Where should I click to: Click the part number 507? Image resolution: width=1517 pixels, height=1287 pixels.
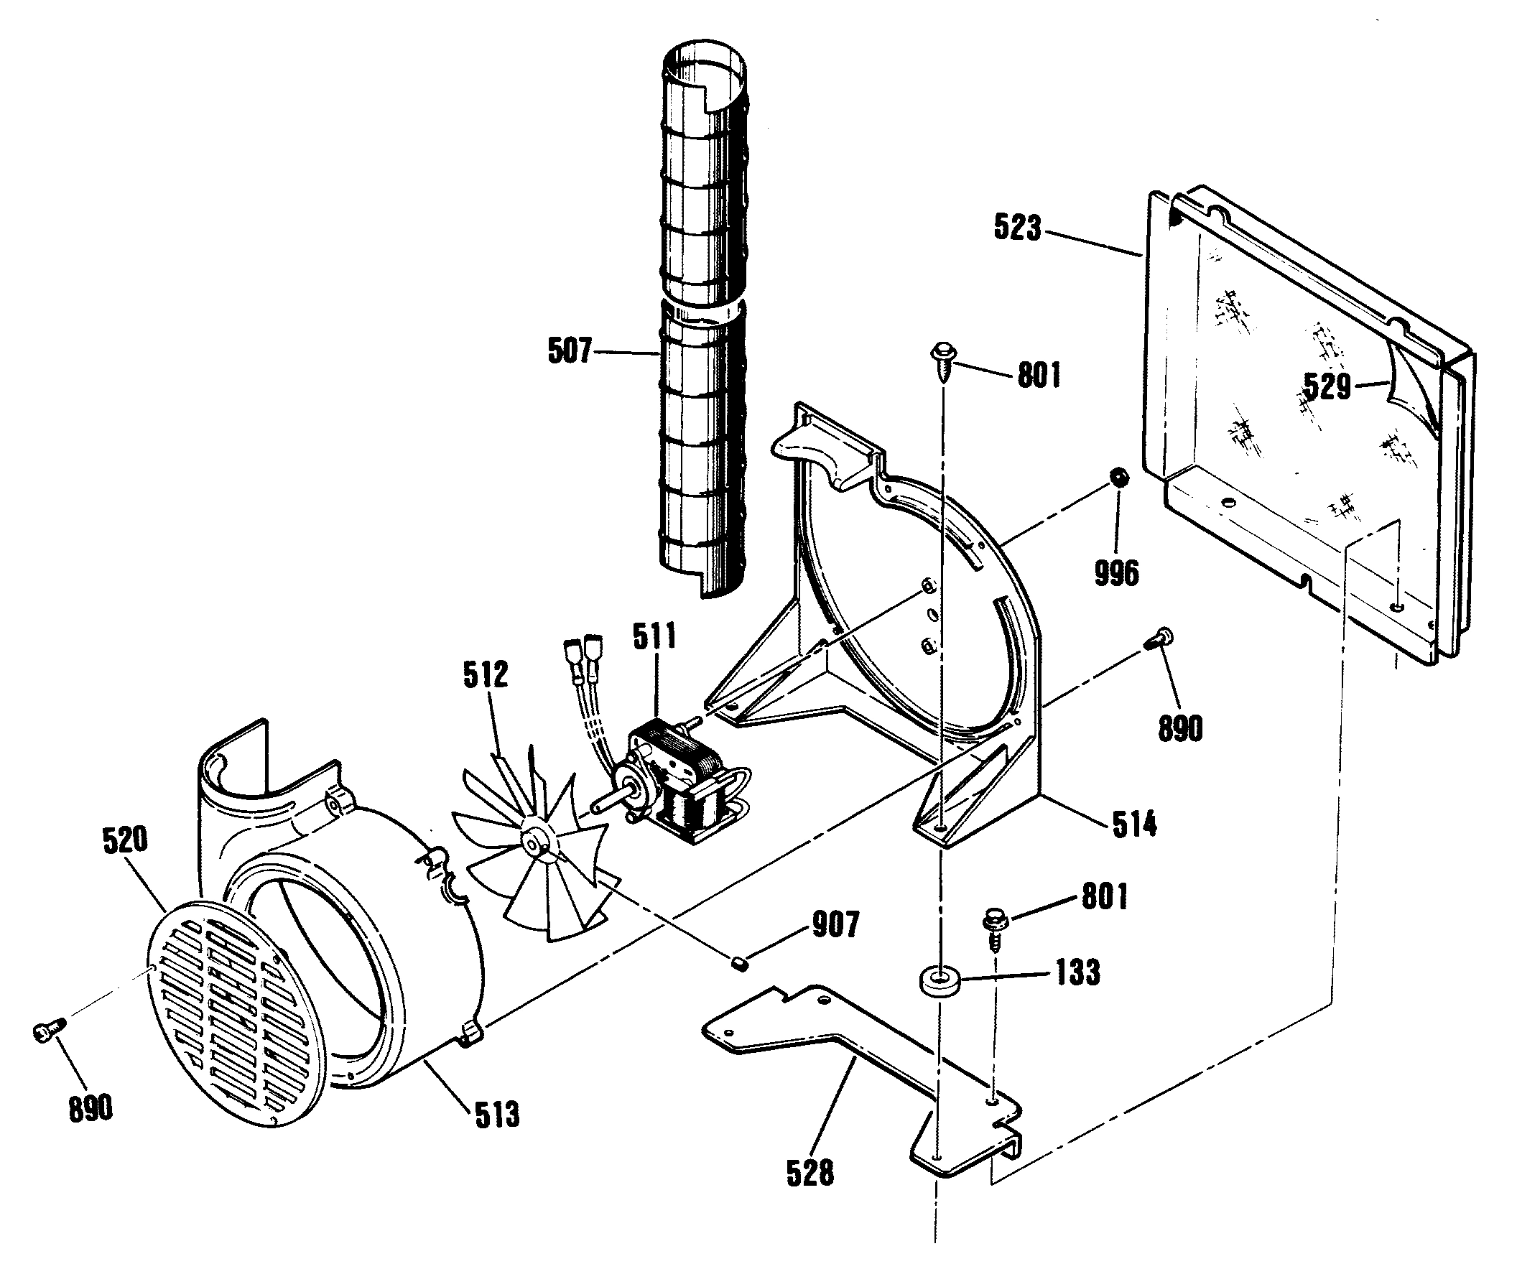tap(569, 352)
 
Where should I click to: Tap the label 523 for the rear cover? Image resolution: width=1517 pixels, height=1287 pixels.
tap(1016, 228)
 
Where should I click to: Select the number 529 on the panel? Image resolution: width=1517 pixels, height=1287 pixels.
tap(1328, 386)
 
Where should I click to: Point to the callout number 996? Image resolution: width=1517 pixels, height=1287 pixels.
tap(1115, 573)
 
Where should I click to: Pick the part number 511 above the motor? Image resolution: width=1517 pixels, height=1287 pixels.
tap(654, 637)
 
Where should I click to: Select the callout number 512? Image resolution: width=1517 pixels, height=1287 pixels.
tap(486, 675)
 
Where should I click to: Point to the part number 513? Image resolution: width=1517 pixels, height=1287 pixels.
tap(497, 1115)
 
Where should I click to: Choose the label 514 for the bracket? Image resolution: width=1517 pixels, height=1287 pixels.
tap(1135, 824)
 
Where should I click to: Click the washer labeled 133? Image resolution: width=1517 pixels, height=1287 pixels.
tap(939, 981)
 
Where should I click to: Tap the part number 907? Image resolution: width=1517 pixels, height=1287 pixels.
tap(835, 924)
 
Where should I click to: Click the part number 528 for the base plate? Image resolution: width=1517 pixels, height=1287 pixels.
tap(810, 1174)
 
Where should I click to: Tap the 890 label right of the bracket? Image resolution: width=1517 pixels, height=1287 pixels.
tap(1180, 728)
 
